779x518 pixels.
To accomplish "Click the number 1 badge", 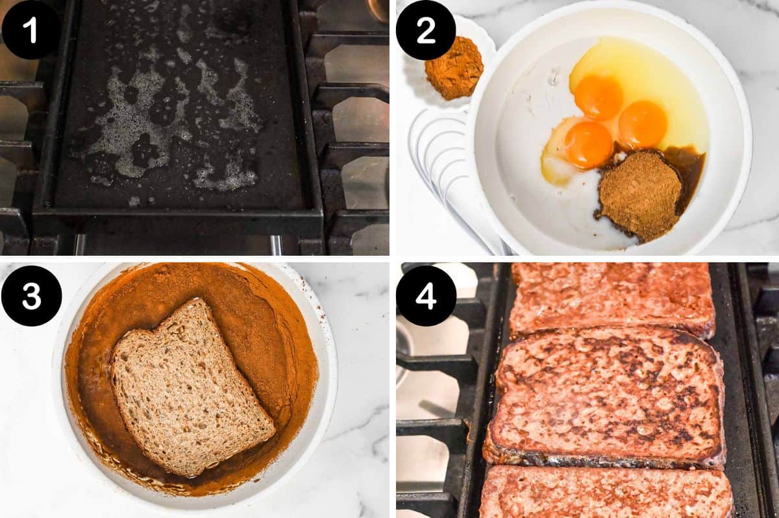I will (31, 30).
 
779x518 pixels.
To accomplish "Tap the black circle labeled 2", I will (426, 31).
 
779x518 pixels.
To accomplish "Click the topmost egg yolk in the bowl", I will (598, 97).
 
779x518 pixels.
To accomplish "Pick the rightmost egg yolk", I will (643, 124).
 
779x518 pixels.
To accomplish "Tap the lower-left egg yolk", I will (588, 144).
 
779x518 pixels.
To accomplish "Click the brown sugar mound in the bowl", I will (639, 195).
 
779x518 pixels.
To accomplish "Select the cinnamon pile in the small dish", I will (454, 68).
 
